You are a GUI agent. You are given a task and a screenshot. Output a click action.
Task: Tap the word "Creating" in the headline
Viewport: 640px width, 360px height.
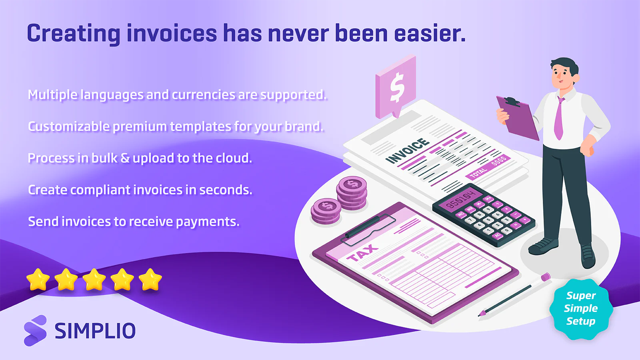(73, 34)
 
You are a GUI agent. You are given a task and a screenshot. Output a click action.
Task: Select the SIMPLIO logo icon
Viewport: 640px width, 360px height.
(35, 330)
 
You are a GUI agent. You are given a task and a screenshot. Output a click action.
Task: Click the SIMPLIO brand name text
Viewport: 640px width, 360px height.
(95, 331)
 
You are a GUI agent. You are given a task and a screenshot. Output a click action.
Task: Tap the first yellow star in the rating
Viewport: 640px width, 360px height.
(38, 279)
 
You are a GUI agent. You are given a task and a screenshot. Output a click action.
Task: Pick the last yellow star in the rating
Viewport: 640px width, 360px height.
(150, 279)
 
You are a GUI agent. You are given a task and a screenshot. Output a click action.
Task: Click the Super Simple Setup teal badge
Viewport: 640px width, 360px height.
(581, 308)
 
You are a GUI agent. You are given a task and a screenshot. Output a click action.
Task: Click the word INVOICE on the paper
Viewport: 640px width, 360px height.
(408, 151)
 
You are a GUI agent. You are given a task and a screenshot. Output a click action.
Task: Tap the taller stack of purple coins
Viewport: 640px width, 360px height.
(352, 193)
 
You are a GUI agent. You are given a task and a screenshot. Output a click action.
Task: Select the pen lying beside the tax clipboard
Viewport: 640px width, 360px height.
(514, 294)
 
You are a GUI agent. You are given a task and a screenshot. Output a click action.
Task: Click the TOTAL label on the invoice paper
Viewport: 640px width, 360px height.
(478, 173)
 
